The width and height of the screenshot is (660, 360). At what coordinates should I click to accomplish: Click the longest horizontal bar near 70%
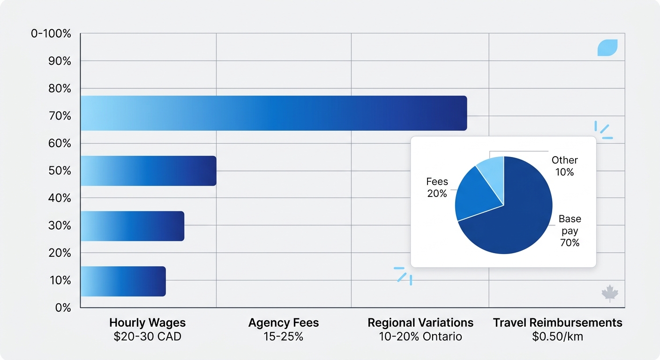click(273, 113)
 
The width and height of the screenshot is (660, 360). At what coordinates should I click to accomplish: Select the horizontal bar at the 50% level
click(148, 171)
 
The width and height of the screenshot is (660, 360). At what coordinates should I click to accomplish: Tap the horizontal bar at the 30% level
click(132, 226)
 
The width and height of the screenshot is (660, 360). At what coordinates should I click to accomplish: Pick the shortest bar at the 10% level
click(123, 281)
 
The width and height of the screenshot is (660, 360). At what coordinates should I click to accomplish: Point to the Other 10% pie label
click(564, 166)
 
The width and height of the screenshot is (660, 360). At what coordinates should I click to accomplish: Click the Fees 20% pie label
click(437, 187)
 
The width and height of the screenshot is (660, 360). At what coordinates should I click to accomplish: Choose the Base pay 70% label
click(570, 231)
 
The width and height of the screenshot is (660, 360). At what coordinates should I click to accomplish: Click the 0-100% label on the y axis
click(51, 34)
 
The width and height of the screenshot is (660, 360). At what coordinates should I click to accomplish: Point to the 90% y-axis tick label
click(60, 61)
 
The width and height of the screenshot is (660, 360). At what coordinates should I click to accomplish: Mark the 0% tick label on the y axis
click(63, 307)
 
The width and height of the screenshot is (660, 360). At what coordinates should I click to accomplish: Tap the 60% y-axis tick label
click(60, 143)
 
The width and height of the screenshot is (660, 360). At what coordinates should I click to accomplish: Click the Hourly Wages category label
click(147, 322)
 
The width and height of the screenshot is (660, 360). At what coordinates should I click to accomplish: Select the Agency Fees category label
click(283, 322)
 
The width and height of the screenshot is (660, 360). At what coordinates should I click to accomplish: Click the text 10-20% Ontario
click(420, 337)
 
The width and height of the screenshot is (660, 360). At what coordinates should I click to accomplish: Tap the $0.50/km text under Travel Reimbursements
click(557, 337)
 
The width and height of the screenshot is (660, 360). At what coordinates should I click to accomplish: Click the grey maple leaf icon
click(609, 293)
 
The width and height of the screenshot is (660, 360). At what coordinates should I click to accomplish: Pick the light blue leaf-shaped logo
click(607, 47)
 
